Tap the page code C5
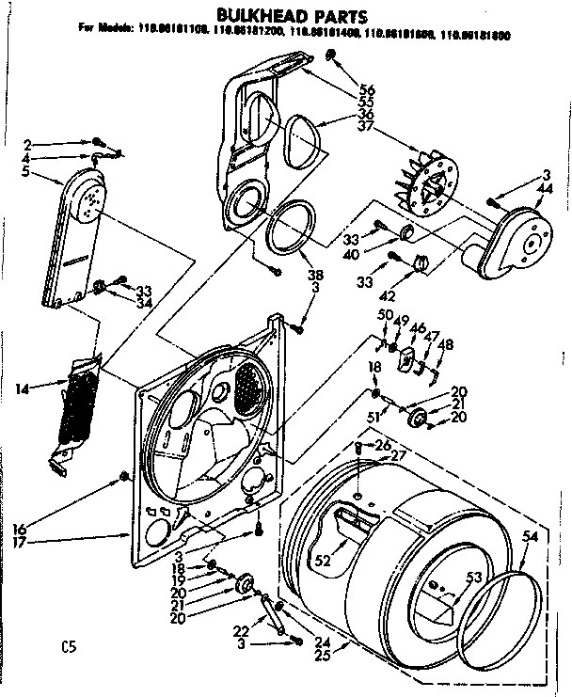coord(67,646)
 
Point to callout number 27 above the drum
coord(399,456)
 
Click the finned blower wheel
coord(431,187)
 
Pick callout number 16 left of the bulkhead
coord(21,530)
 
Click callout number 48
coord(445,343)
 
